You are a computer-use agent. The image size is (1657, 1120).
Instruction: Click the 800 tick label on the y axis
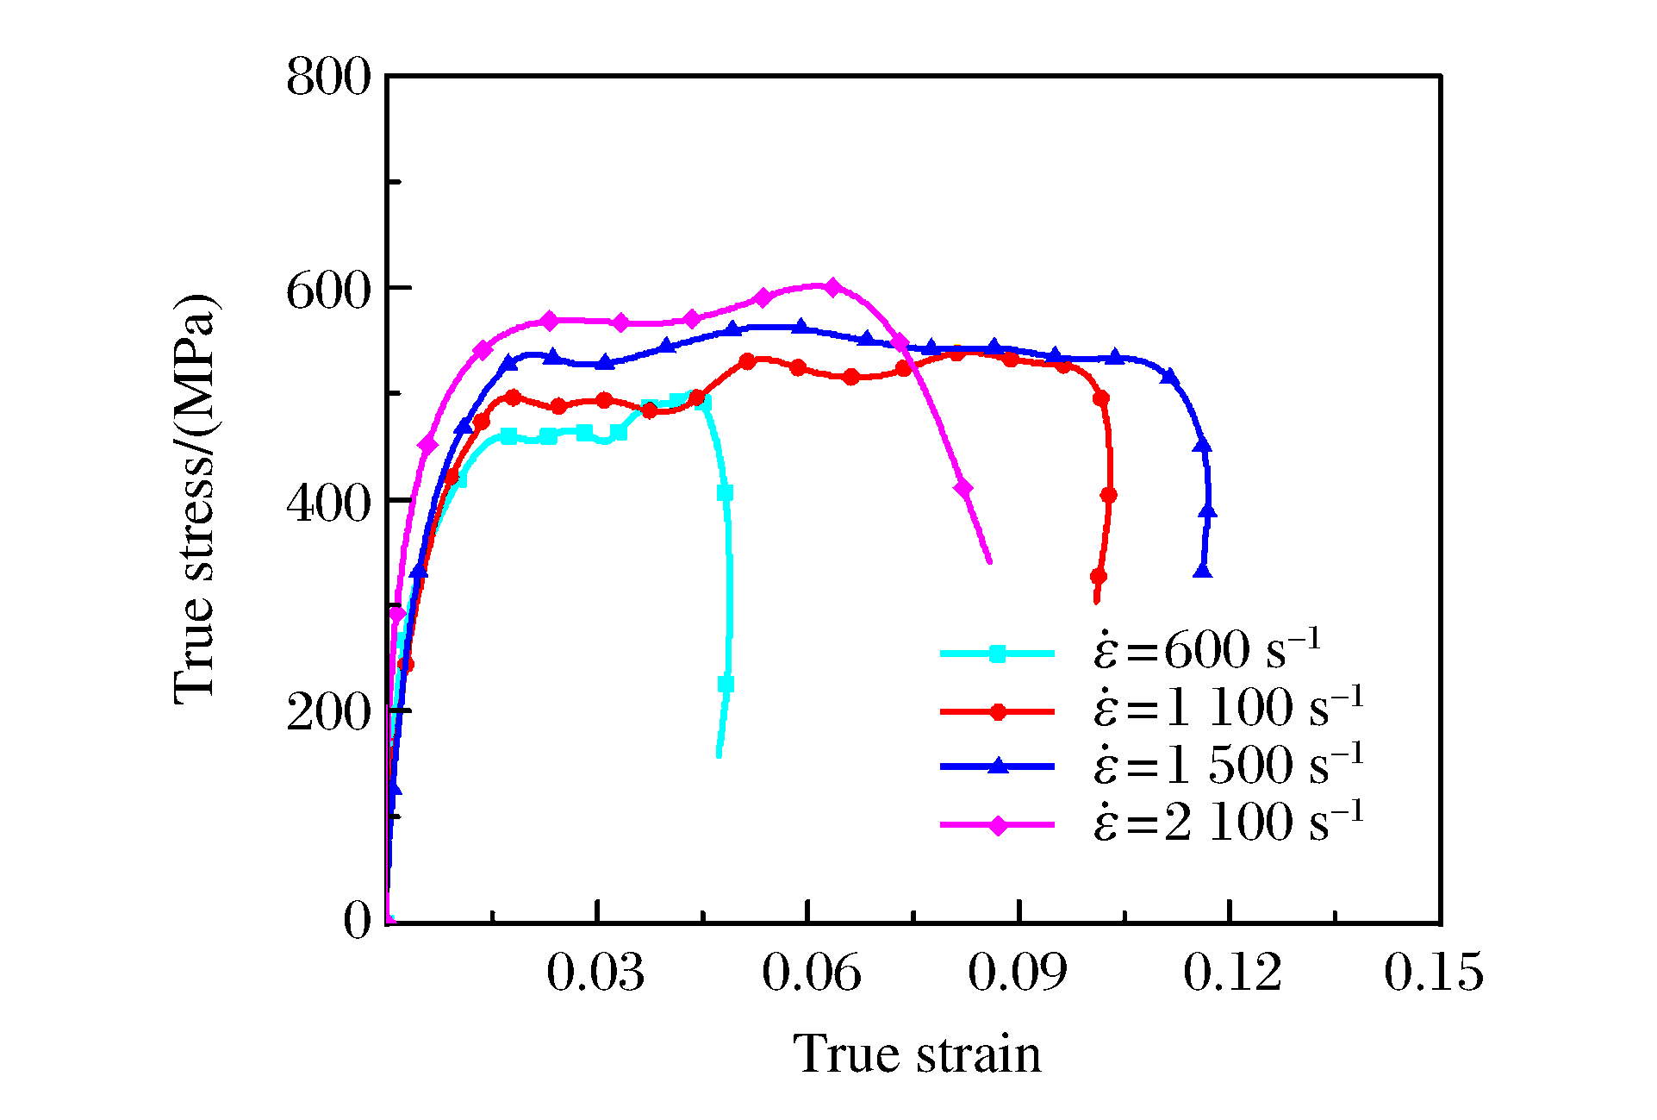coord(327,78)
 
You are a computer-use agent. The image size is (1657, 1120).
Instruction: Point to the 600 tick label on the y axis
coord(327,291)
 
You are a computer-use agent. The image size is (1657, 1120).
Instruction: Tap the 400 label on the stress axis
coord(327,502)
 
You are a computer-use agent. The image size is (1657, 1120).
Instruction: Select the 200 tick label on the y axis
coord(327,712)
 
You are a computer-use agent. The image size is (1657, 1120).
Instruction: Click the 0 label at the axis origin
coord(358,921)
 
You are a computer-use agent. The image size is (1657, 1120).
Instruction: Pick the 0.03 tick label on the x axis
coord(595,973)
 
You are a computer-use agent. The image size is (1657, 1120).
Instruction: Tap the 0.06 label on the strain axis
coord(811,973)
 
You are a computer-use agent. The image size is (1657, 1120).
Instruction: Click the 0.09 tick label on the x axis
coord(1018,973)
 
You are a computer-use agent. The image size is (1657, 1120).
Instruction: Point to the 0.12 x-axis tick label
coord(1232,973)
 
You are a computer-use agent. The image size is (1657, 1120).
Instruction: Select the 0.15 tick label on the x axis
coord(1434,973)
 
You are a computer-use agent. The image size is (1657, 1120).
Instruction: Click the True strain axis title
coord(917,1054)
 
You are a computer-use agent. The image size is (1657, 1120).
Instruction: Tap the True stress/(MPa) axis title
coord(196,500)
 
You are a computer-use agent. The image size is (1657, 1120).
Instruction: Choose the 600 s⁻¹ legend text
coord(1206,651)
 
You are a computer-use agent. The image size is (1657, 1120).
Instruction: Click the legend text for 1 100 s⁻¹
coord(1229,708)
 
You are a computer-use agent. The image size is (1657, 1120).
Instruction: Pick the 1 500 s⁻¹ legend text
coord(1229,765)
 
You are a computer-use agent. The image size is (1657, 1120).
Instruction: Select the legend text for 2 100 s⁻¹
coord(1229,822)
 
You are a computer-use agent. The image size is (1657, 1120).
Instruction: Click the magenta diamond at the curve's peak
coord(832,286)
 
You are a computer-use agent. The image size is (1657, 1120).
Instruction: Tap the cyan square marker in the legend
coord(997,654)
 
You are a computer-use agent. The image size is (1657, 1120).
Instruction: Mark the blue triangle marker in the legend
coord(997,766)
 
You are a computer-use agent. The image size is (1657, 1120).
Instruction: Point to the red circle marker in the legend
coord(998,711)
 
